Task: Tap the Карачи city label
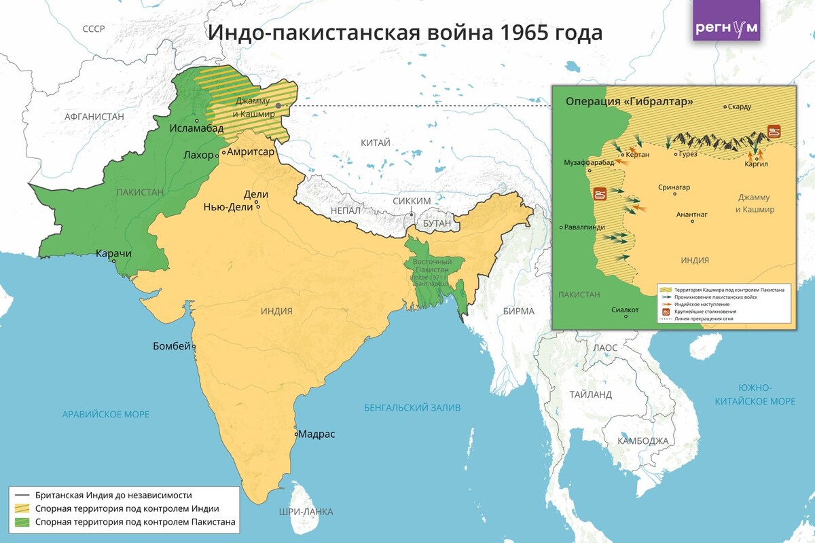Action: (x=113, y=253)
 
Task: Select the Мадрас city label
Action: (x=317, y=434)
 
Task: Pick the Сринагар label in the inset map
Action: (x=674, y=187)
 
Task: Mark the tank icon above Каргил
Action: (x=774, y=131)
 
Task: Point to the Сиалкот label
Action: (x=625, y=310)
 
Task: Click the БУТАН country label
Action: (x=437, y=223)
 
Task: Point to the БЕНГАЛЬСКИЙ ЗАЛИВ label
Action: (x=412, y=408)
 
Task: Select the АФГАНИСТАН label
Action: (x=94, y=117)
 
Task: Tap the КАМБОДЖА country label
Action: (x=642, y=441)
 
